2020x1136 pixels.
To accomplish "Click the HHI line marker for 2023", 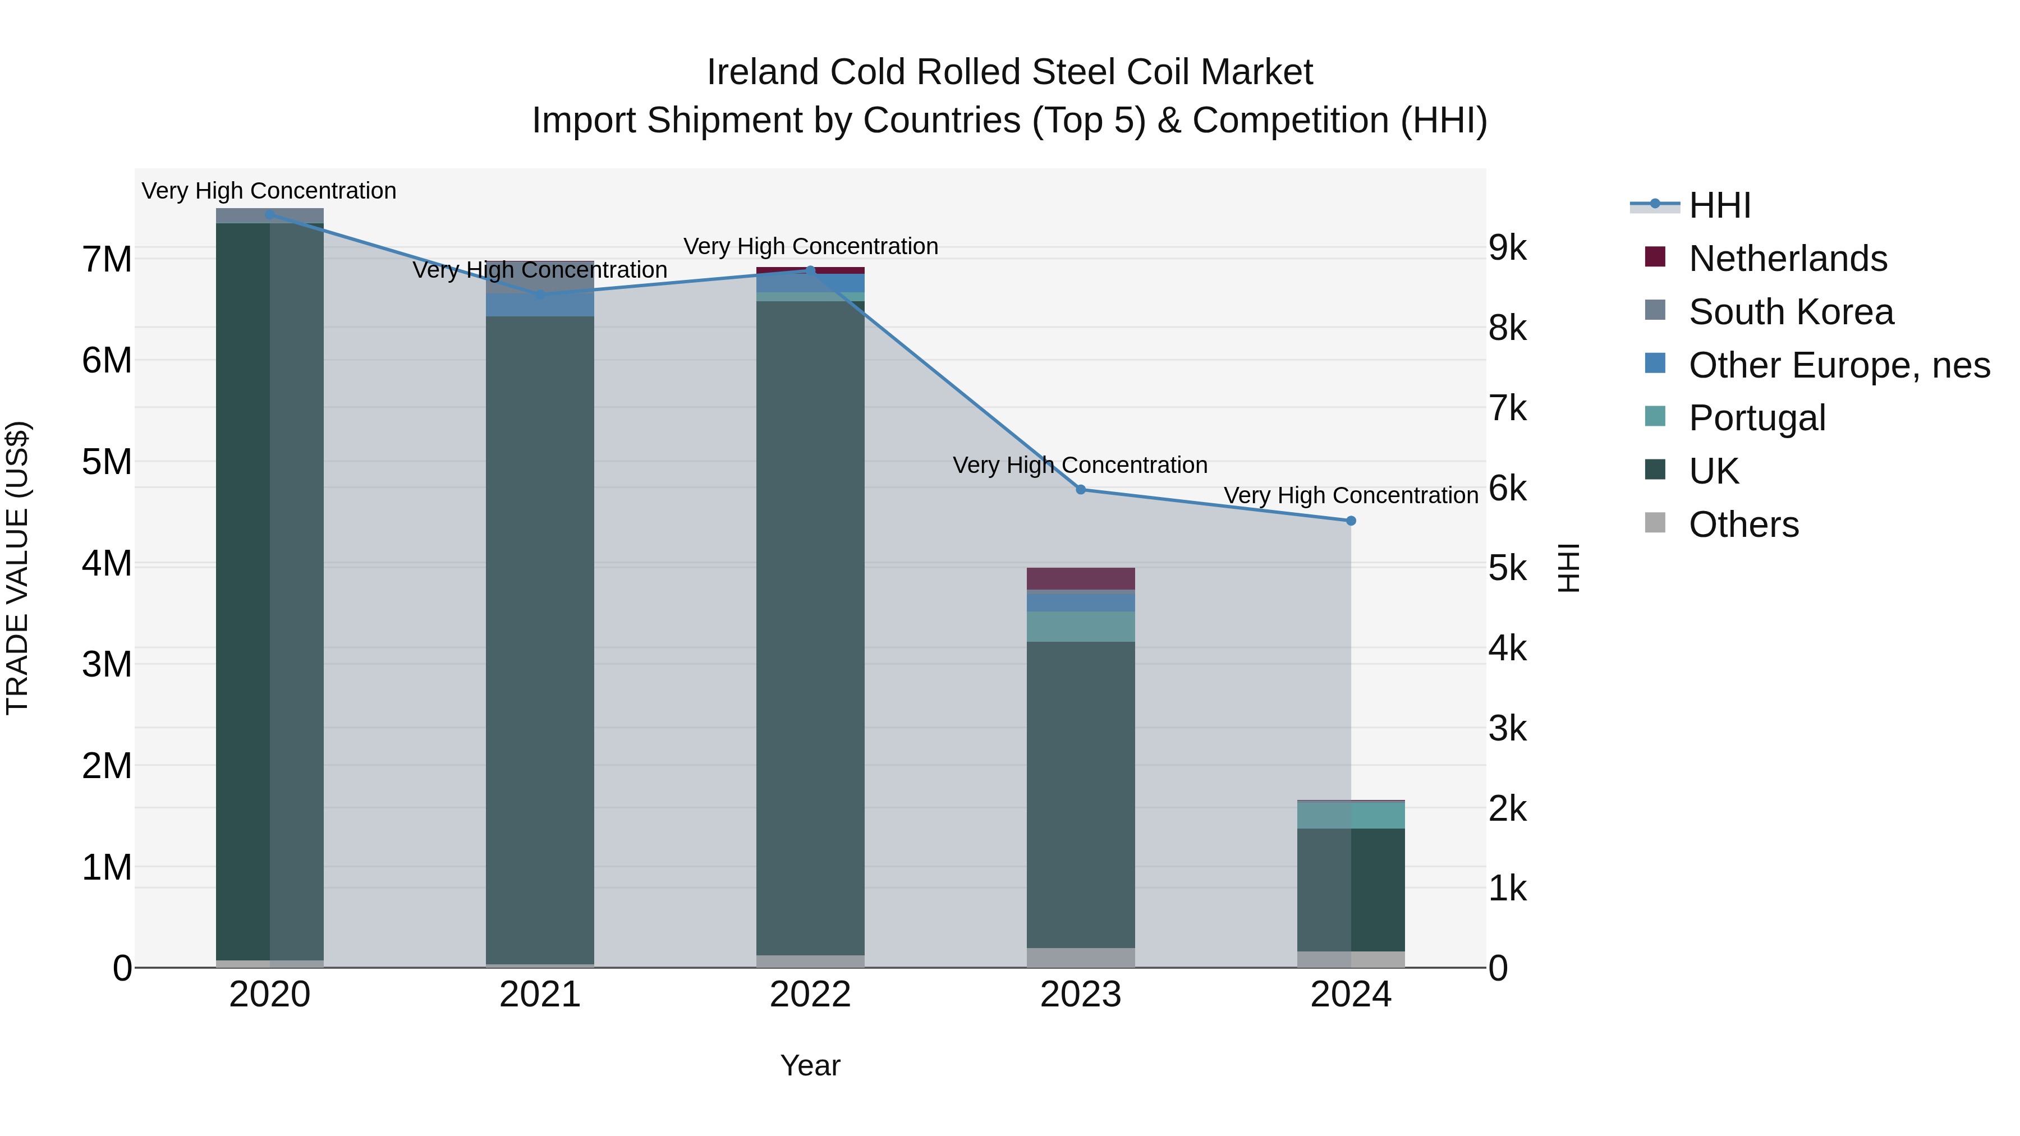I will tap(1081, 489).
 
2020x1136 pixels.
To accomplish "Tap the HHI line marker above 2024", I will tap(1351, 521).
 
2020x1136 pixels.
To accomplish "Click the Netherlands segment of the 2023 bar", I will tap(1081, 578).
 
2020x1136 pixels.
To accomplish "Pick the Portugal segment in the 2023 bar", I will tap(1081, 627).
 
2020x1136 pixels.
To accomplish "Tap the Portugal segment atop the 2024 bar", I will tap(1351, 815).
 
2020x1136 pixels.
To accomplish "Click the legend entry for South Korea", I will tap(1791, 312).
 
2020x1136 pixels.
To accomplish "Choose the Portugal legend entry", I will tap(1756, 418).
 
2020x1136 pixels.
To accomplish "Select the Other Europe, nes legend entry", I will tap(1838, 365).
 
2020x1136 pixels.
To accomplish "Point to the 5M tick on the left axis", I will tap(107, 462).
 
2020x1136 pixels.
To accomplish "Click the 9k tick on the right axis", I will tap(1507, 248).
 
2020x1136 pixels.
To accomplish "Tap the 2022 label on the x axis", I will tap(810, 995).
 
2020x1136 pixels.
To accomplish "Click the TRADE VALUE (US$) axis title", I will tap(17, 568).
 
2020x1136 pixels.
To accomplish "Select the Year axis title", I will tap(810, 1065).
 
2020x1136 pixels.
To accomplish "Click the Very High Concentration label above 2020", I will tap(269, 191).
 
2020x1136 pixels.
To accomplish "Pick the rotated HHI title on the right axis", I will tap(1568, 568).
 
